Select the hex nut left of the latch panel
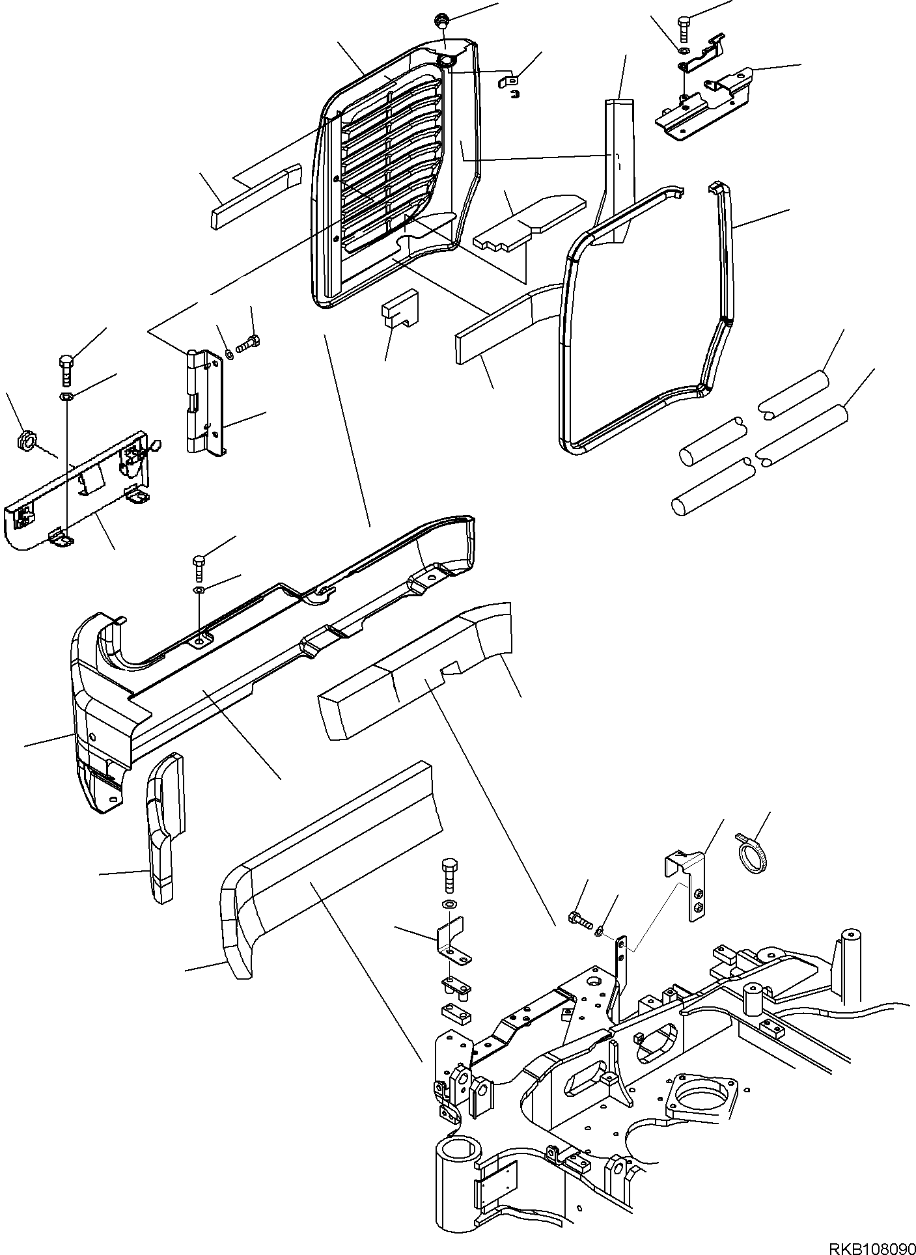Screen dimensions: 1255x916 pyautogui.click(x=24, y=441)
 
